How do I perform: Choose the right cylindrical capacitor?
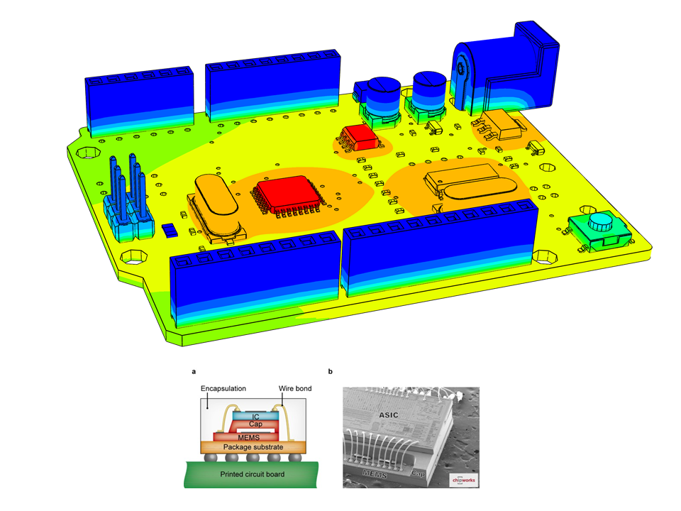click(430, 89)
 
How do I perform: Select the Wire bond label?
click(295, 389)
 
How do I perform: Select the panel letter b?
click(330, 371)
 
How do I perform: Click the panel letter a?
click(194, 371)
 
